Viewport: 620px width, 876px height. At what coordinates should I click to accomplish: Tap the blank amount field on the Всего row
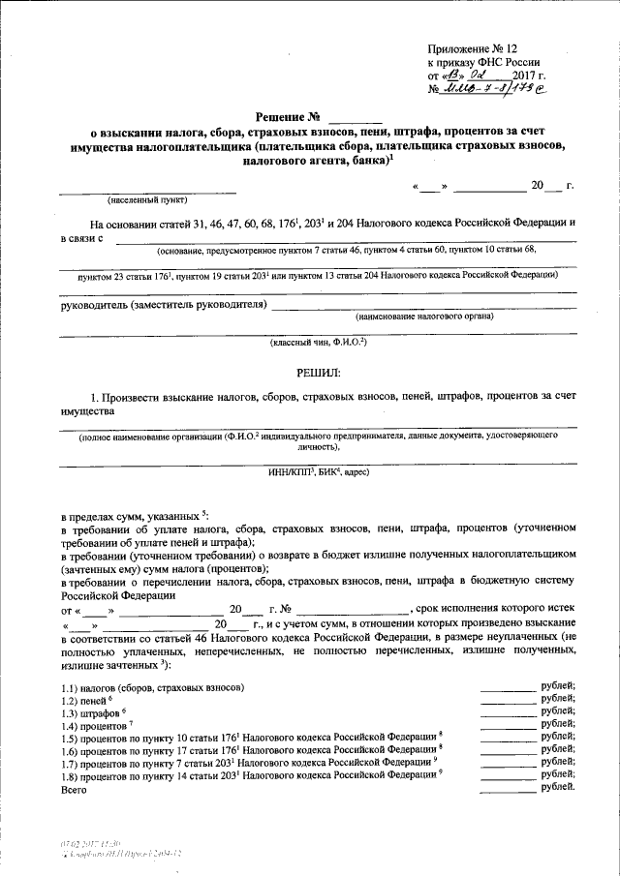tap(508, 788)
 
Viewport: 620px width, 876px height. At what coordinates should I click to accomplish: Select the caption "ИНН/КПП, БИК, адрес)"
tap(318, 472)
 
